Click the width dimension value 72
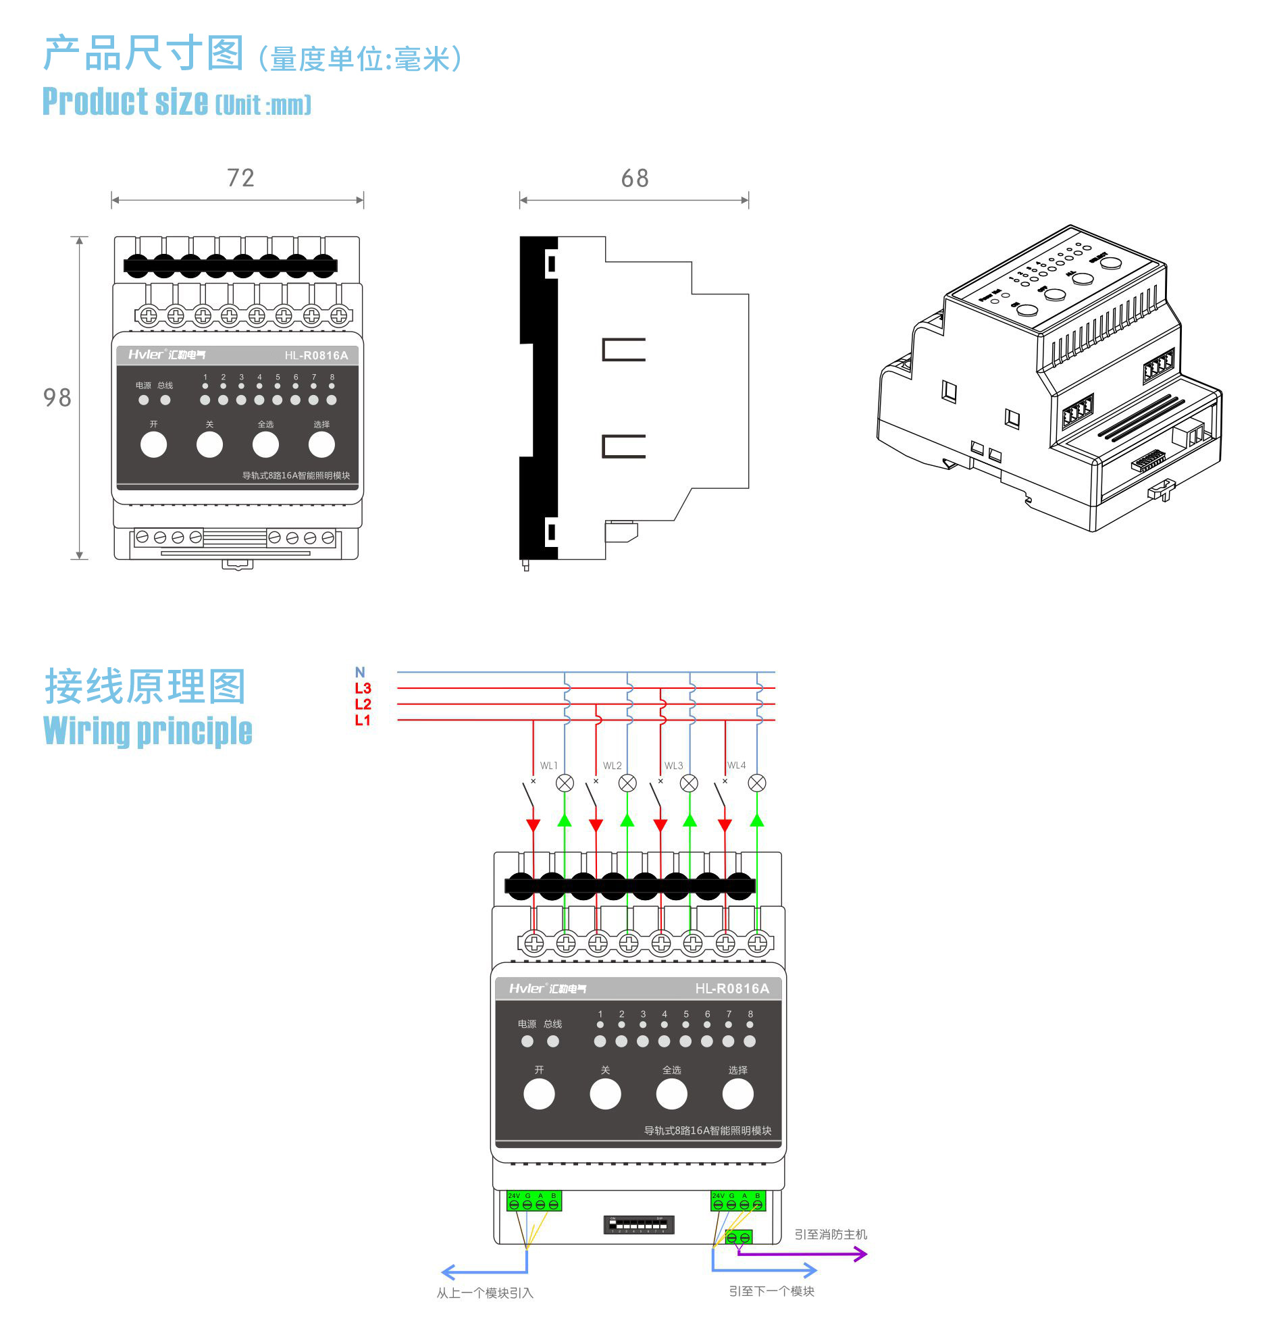(240, 178)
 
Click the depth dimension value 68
(634, 178)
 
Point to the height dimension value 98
(57, 398)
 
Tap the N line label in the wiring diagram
(360, 672)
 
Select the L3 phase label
(363, 688)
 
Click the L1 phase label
(363, 720)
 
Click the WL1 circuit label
(548, 765)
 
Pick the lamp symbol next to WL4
(756, 783)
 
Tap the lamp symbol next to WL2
(627, 783)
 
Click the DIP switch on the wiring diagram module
(638, 1224)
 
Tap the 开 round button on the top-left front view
(153, 445)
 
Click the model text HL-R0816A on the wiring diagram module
(731, 989)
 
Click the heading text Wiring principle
(147, 731)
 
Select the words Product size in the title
(126, 102)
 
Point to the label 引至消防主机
(830, 1234)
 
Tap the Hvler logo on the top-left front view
(146, 354)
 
